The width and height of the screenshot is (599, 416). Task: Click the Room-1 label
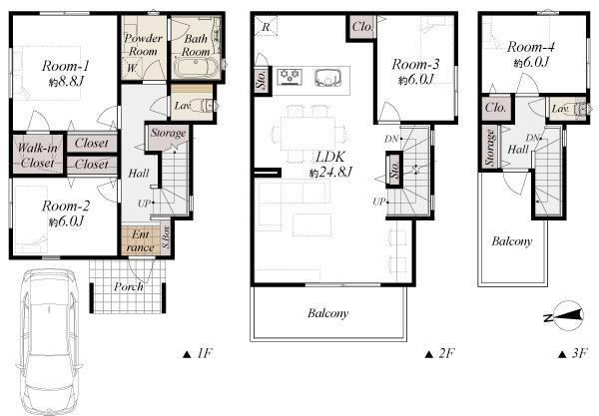(65, 66)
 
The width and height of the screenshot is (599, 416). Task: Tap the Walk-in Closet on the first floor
(38, 155)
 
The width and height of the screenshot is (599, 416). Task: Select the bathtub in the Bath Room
(196, 68)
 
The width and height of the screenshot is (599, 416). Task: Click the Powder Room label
(143, 45)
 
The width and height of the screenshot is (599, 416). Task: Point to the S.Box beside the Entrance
(166, 237)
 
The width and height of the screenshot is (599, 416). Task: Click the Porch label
(129, 286)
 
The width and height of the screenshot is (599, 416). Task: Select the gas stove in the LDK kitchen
(290, 77)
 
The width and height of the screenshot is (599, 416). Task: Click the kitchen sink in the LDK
(328, 78)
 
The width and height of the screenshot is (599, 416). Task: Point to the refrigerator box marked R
(266, 27)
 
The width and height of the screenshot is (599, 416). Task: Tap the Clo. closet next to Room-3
(361, 27)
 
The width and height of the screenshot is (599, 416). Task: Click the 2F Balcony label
(327, 313)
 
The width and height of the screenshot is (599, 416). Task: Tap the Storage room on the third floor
(490, 147)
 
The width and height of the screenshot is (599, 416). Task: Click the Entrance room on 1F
(140, 240)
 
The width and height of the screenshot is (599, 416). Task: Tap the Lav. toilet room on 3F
(566, 109)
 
